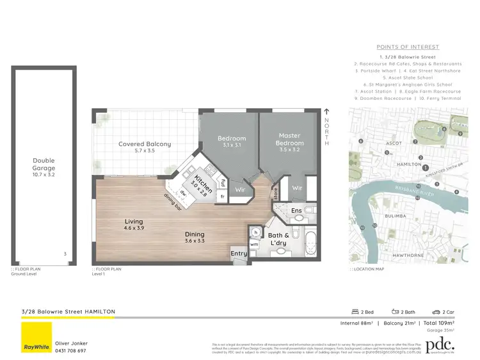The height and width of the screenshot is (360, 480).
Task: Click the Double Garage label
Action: click(44, 164)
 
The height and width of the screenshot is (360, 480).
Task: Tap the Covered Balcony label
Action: click(145, 144)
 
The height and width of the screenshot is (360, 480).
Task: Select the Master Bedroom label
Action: click(289, 139)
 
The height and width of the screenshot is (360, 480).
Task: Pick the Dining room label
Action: click(195, 234)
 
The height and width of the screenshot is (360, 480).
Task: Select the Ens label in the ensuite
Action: click(296, 209)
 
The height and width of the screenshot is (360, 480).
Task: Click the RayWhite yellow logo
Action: click(36, 337)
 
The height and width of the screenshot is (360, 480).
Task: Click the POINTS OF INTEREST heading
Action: click(408, 47)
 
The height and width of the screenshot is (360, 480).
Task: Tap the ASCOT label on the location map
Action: click(394, 143)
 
